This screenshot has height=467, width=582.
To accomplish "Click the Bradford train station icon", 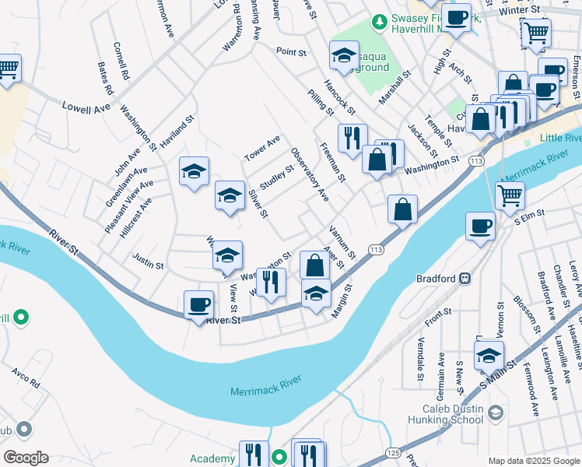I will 465,278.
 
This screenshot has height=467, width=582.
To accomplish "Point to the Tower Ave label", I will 261,146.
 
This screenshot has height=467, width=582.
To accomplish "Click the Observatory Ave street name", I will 310,175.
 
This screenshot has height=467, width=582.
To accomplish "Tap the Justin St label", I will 148,265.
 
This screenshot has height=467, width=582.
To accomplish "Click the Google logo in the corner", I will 26,458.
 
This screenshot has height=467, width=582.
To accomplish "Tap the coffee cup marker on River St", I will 198,303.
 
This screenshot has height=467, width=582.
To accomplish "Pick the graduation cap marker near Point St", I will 344,54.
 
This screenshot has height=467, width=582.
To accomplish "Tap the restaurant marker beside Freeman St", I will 352,138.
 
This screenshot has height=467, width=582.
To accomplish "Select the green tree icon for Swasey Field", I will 379,20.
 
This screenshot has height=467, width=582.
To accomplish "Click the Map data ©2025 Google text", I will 533,460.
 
